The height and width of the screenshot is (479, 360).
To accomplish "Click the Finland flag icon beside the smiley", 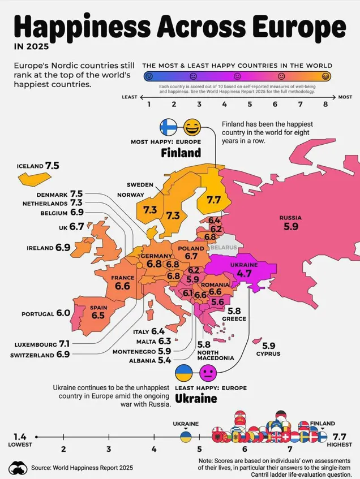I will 169,127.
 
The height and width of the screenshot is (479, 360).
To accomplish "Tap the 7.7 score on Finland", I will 213,200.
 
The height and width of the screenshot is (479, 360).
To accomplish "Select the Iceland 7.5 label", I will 38,166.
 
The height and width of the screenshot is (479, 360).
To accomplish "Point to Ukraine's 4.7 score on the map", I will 244,273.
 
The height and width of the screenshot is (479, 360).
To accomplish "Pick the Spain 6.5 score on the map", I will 98,315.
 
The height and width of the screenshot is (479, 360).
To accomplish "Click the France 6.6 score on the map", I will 122,286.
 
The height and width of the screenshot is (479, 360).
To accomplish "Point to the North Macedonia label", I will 215,355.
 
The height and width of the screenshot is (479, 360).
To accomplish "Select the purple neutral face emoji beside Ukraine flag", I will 208,373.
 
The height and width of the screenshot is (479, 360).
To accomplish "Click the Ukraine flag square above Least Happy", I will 184,373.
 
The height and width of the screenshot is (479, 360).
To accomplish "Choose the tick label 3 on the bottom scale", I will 108,449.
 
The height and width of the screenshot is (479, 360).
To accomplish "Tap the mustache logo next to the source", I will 18,468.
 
